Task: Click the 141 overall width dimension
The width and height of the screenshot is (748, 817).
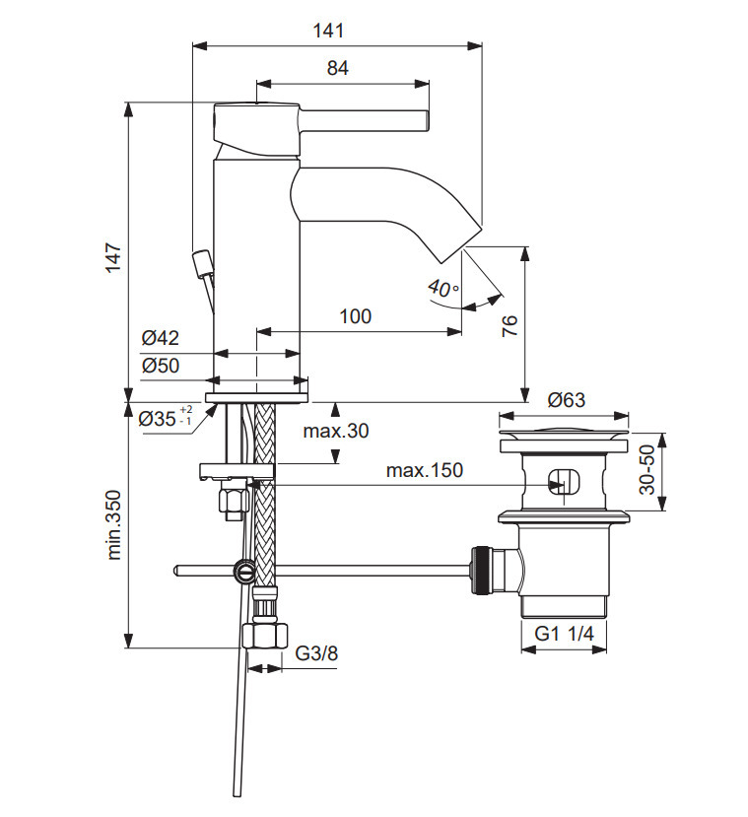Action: click(329, 31)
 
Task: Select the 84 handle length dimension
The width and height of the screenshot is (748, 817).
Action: click(338, 68)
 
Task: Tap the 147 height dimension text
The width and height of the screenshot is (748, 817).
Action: click(113, 257)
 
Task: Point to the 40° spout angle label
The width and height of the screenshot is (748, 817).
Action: click(443, 287)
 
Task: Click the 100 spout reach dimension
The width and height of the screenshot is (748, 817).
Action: click(355, 316)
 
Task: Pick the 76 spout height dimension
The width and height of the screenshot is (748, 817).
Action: click(510, 325)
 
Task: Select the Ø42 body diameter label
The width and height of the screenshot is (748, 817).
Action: click(160, 338)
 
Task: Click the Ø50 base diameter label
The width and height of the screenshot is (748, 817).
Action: click(161, 366)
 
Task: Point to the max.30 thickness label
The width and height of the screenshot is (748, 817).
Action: click(336, 431)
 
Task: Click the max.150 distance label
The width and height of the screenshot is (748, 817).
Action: click(425, 470)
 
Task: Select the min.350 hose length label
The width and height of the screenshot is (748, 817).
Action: click(113, 524)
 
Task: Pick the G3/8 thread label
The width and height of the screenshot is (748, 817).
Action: click(316, 652)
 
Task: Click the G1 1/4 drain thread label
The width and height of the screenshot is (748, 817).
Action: click(564, 634)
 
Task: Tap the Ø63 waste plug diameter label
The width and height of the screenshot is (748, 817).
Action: click(567, 400)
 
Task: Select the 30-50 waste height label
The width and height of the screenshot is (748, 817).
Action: click(646, 469)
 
